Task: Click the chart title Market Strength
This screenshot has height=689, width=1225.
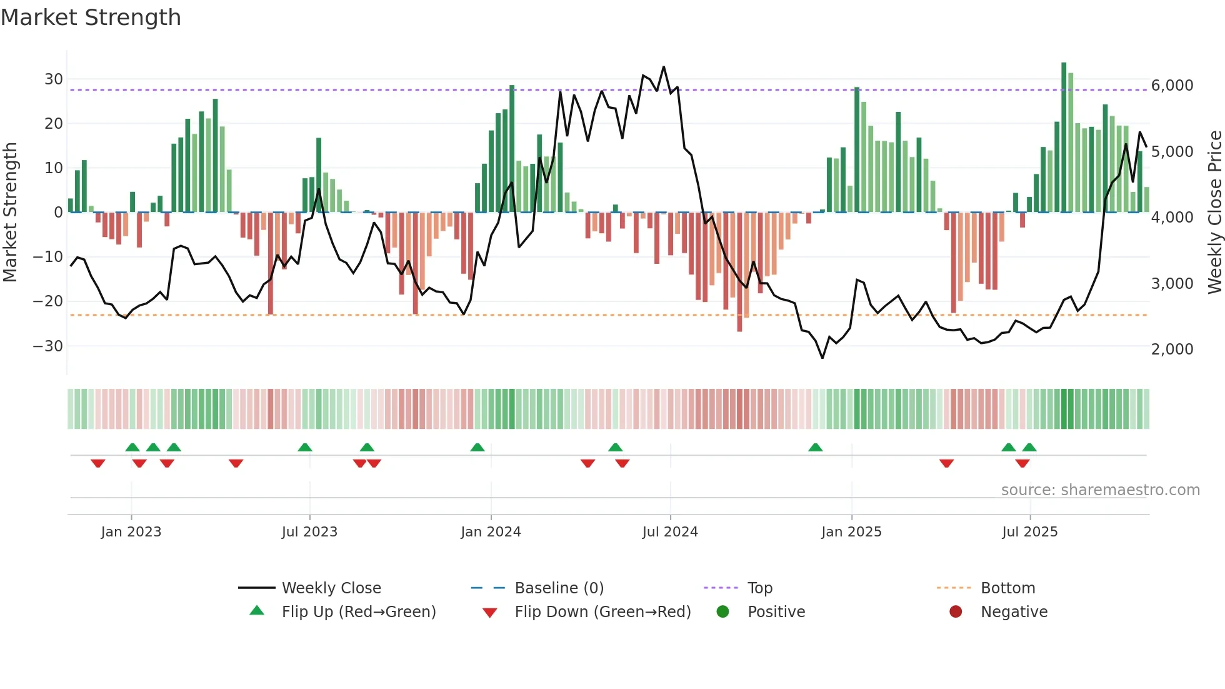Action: [x=91, y=18]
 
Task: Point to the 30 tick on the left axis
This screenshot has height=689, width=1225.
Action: [x=54, y=79]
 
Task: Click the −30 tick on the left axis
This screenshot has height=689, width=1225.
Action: [x=48, y=346]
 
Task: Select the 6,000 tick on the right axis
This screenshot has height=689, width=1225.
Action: [x=1172, y=86]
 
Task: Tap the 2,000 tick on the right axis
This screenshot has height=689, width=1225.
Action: [x=1172, y=350]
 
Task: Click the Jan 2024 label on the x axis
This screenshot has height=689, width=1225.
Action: [x=491, y=532]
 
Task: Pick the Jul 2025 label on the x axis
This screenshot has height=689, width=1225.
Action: [x=1029, y=532]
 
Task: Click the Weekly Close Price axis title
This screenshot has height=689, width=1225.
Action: [x=1214, y=213]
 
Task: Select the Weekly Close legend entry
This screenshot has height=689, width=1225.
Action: [x=331, y=588]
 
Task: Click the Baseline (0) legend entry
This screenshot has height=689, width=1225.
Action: [x=559, y=588]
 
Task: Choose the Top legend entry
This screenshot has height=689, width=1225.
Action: [x=759, y=588]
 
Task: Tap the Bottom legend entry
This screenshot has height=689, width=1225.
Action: [x=1007, y=588]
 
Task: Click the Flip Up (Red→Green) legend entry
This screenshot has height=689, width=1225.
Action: [x=358, y=612]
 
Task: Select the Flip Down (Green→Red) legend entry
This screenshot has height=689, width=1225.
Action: [x=602, y=612]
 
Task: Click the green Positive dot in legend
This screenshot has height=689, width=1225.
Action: [x=722, y=612]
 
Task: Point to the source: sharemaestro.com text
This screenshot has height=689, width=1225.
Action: [x=1100, y=490]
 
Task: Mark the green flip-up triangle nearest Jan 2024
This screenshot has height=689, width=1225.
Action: [x=477, y=447]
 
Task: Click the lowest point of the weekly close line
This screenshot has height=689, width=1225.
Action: [x=822, y=358]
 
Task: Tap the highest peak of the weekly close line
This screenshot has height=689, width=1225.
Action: [x=664, y=67]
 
